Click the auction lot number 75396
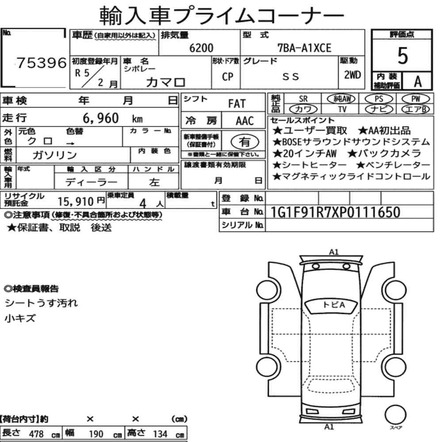tap(42, 63)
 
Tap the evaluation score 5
tap(402, 56)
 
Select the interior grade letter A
tap(418, 82)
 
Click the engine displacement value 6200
tap(201, 48)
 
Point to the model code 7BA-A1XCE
tap(305, 48)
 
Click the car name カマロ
tap(165, 82)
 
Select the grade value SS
tap(291, 76)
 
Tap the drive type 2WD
tap(352, 75)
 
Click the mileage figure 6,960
tap(101, 118)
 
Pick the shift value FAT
tap(237, 104)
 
